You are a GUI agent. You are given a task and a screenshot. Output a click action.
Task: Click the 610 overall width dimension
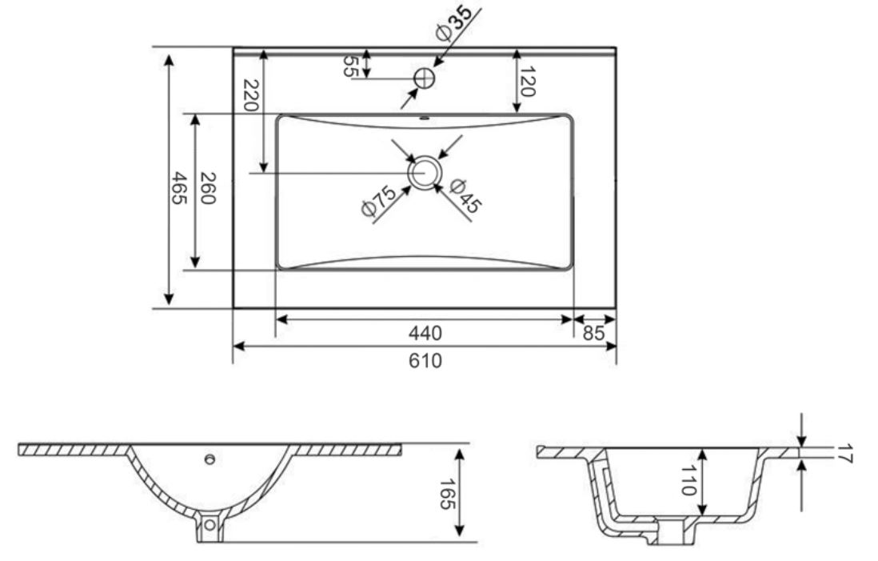tap(425, 361)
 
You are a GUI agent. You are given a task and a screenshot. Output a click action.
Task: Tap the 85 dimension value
tap(595, 332)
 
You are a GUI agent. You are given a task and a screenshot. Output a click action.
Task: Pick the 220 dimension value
tap(250, 96)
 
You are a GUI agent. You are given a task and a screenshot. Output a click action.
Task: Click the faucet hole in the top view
tap(424, 78)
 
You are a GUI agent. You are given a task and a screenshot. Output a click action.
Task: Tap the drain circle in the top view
tap(424, 171)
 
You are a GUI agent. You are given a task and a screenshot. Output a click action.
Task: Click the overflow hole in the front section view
tap(210, 459)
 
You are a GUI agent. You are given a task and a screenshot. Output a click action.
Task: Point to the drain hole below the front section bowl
tap(210, 525)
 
